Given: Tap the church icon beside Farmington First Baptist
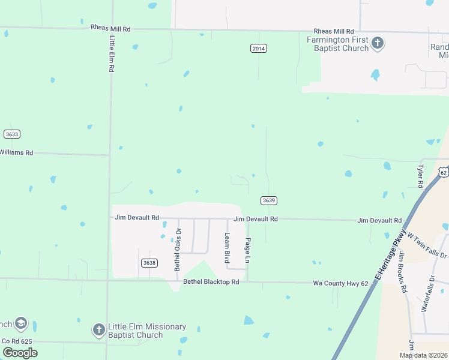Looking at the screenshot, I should tap(378, 43).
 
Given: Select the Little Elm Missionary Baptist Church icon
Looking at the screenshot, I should tap(99, 329).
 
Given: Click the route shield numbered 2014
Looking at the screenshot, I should tap(258, 49).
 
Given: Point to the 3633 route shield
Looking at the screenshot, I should tap(11, 134).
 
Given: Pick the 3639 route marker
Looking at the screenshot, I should tap(268, 200).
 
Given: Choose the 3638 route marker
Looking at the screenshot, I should tap(149, 263).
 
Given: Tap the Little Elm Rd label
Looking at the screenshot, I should tap(112, 54).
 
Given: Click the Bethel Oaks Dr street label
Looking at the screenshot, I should tap(178, 250).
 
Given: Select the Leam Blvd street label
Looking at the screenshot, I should tap(228, 248).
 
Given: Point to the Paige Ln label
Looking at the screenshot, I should tap(247, 250).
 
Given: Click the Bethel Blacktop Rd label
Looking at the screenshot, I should tap(211, 282).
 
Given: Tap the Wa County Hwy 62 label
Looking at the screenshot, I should tap(340, 283).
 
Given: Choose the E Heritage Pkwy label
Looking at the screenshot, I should tap(391, 254).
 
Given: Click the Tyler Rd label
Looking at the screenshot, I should tap(420, 175).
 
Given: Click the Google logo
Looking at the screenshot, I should tap(20, 352).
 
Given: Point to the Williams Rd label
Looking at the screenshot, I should tap(16, 153).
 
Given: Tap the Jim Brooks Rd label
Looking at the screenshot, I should tap(403, 272).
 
